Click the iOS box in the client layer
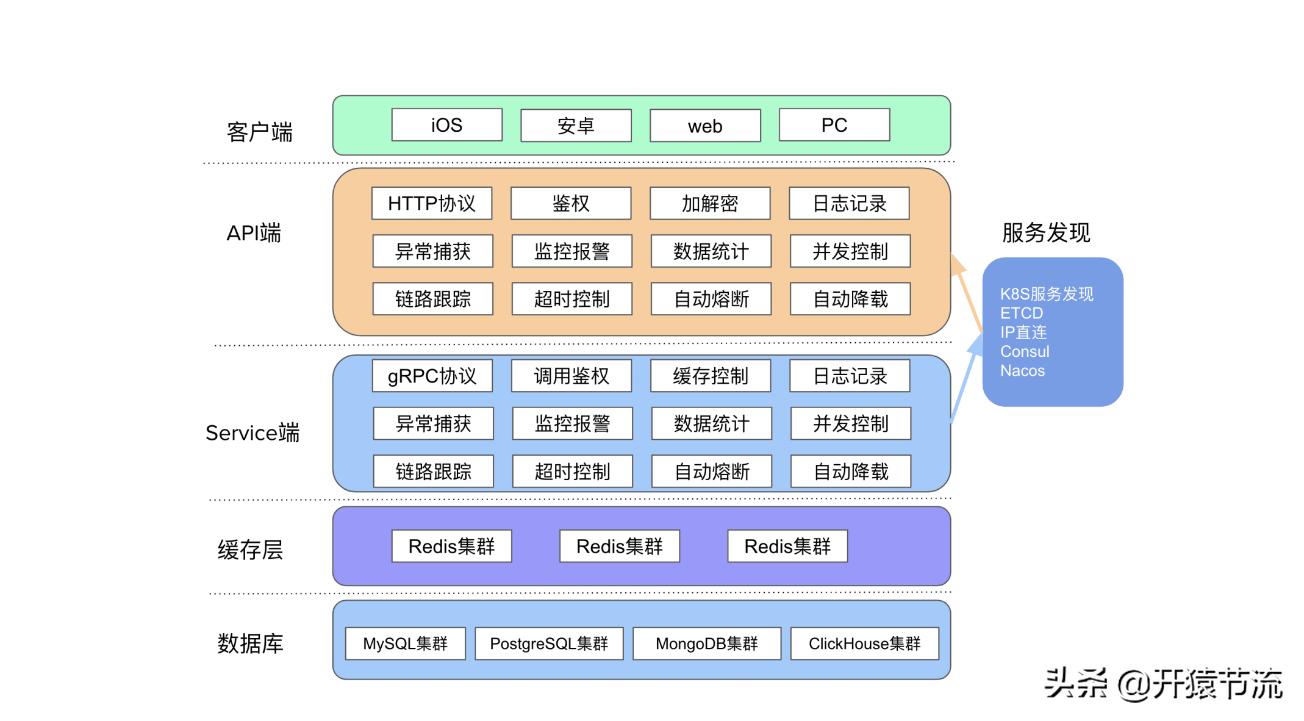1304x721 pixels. pyautogui.click(x=446, y=125)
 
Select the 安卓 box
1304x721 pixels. pyautogui.click(x=576, y=126)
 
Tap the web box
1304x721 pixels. pyautogui.click(x=705, y=126)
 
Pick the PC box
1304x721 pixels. pyautogui.click(x=834, y=125)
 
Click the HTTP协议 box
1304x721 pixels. pyautogui.click(x=431, y=203)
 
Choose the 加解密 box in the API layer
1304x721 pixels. pyautogui.click(x=710, y=203)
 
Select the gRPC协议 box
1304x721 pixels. pyautogui.click(x=432, y=376)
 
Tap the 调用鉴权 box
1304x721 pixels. pyautogui.click(x=571, y=376)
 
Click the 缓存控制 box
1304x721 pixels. pyautogui.click(x=711, y=376)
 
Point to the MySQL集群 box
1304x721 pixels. pyautogui.click(x=405, y=644)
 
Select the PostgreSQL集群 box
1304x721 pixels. pyautogui.click(x=549, y=644)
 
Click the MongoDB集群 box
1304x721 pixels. pyautogui.click(x=706, y=644)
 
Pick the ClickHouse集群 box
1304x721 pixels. pyautogui.click(x=864, y=644)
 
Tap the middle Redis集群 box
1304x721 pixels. pyautogui.click(x=619, y=546)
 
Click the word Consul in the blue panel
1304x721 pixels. pyautogui.click(x=1025, y=351)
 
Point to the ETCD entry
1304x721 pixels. pyautogui.click(x=1022, y=313)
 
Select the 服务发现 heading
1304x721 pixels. pyautogui.click(x=1045, y=232)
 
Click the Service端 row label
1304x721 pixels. pyautogui.click(x=253, y=432)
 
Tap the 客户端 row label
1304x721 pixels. pyautogui.click(x=259, y=132)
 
